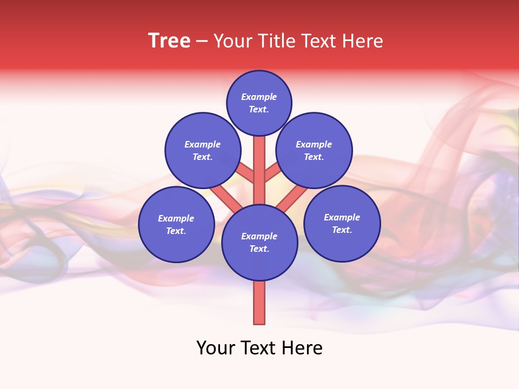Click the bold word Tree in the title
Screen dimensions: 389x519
(169, 41)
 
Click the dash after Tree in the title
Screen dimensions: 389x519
(202, 42)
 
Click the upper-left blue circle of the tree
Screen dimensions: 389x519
(203, 150)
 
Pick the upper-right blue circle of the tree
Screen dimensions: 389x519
(314, 150)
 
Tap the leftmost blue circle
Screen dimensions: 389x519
(176, 224)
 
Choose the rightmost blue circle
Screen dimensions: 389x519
(342, 223)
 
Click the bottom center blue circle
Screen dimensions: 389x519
(259, 243)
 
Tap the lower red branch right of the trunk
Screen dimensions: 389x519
(293, 198)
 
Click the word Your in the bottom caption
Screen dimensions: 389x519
(216, 348)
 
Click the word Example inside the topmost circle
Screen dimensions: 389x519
(259, 97)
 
